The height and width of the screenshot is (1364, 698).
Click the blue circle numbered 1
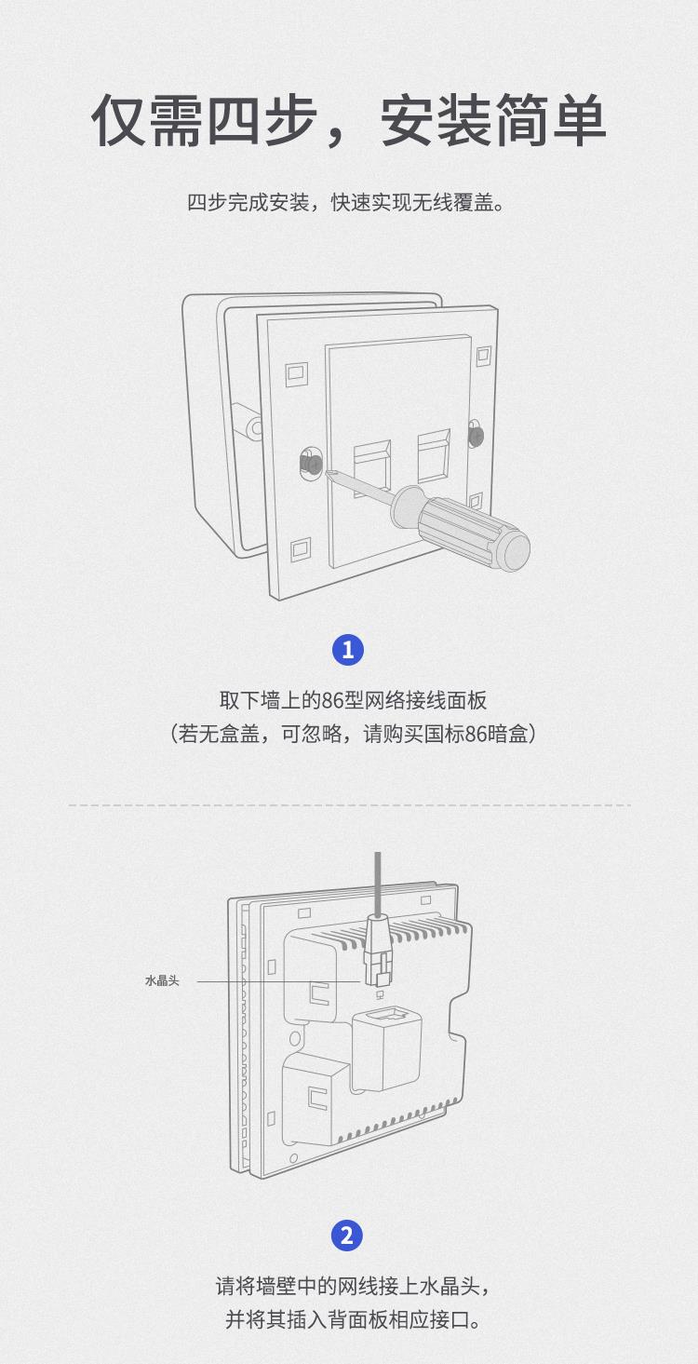click(347, 650)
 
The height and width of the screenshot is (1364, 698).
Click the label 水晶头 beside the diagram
click(162, 980)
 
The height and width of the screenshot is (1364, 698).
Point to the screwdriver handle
click(462, 527)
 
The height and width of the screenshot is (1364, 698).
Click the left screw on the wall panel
click(311, 463)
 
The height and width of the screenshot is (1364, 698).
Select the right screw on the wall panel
click(476, 434)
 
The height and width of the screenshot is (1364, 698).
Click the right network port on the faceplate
click(434, 452)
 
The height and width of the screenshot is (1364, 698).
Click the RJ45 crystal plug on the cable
click(379, 951)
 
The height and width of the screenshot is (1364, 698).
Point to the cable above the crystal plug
click(378, 883)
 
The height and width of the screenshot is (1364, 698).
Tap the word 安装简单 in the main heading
click(493, 120)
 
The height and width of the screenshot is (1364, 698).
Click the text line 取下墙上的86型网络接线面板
click(353, 700)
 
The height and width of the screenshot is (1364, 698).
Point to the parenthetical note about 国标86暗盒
click(353, 734)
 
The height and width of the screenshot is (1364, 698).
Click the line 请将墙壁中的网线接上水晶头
click(353, 1287)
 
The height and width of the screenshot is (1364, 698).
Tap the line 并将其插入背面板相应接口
click(353, 1320)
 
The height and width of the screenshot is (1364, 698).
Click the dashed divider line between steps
click(349, 805)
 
